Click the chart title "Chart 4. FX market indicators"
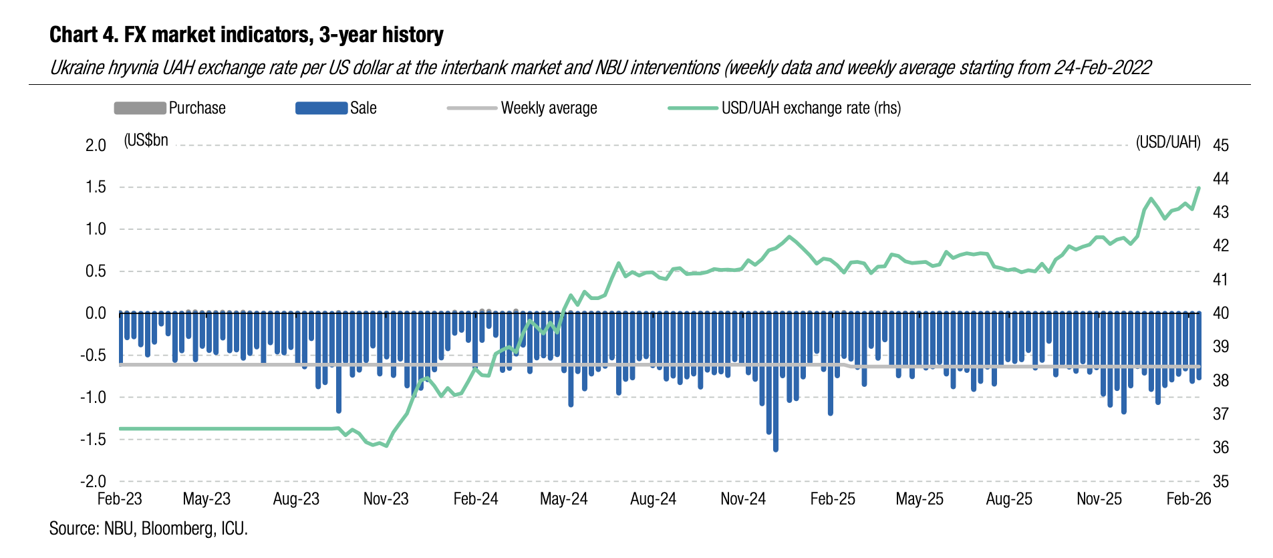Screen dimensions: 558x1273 point(246,35)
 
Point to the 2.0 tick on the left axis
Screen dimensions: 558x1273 point(96,145)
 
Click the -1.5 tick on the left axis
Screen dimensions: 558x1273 point(93,439)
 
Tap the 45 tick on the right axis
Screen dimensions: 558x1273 point(1220,145)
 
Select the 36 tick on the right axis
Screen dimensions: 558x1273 point(1220,447)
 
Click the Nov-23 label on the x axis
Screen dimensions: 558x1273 point(386,499)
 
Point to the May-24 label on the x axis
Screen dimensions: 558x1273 point(563,499)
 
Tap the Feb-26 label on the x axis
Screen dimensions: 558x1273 point(1188,499)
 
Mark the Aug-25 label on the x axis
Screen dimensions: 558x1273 point(1009,499)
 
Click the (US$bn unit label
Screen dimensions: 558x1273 point(146,140)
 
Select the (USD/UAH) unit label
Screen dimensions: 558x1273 point(1168,142)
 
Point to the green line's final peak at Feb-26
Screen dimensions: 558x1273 point(1199,188)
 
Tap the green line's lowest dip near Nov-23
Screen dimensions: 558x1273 point(387,446)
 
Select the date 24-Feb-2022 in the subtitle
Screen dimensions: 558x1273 point(1103,67)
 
